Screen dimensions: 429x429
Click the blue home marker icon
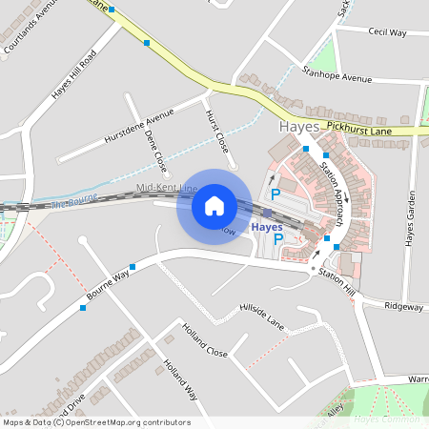pos(214,205)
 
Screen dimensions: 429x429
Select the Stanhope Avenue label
pos(337,73)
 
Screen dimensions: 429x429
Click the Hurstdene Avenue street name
pos(139,124)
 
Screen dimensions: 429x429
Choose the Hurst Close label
pos(217,132)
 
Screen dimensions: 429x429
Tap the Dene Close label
pos(155,150)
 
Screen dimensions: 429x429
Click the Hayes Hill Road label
pos(74,75)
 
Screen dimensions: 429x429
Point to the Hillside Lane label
pos(262,314)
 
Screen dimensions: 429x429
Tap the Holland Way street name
pos(179,378)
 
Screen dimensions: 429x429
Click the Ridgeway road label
pos(403,307)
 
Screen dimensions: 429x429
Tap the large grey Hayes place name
pos(300,127)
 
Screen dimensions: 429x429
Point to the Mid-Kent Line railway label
pos(167,188)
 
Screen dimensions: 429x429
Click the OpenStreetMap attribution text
pos(96,422)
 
